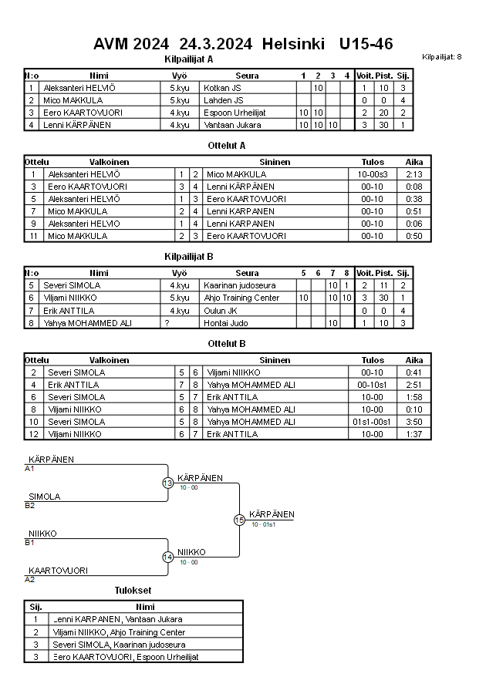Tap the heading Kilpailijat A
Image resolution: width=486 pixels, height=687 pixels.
(x=189, y=59)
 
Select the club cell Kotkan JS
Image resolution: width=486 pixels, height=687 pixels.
(x=223, y=88)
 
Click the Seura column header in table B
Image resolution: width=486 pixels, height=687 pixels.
(x=247, y=273)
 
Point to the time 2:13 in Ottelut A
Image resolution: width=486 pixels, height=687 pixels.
(x=414, y=174)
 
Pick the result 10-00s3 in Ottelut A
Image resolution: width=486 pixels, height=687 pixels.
(x=373, y=174)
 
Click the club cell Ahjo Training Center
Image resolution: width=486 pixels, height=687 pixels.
(x=241, y=298)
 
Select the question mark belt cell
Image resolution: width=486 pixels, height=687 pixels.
(x=167, y=322)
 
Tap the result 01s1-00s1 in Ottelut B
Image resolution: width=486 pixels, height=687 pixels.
(x=373, y=422)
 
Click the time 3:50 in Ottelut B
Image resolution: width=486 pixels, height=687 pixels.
(x=414, y=422)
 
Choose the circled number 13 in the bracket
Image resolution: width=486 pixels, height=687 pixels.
(x=167, y=483)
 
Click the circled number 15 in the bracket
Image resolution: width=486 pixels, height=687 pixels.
(x=239, y=520)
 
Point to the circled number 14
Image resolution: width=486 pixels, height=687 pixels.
(x=167, y=557)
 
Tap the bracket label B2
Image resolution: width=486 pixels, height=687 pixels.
(x=30, y=505)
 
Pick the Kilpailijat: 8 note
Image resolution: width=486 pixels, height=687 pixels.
(x=442, y=56)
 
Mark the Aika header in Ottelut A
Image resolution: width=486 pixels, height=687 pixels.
(x=414, y=162)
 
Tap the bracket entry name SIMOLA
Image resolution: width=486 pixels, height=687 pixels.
(x=45, y=497)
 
